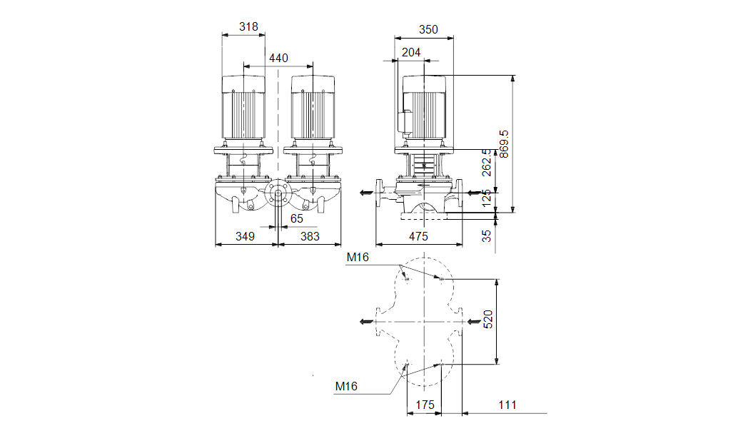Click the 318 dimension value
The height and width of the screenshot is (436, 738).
pos(248,27)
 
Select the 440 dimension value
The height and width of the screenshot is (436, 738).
pos(278,58)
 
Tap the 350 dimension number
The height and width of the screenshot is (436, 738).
pos(428,30)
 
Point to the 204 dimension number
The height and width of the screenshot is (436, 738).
pos(411,52)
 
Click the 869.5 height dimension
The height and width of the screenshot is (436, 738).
pos(504,144)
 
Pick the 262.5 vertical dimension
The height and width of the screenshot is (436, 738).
pos(487,163)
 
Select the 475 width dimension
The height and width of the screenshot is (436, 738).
pos(418,236)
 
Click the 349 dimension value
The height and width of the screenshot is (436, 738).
pos(246,236)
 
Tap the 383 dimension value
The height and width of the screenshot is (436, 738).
pos(310,236)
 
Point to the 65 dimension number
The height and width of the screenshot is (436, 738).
pos(296,218)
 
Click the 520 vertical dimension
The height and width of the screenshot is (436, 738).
pos(487,320)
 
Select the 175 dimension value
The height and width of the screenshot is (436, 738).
pos(425,405)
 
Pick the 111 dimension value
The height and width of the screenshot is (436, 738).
pos(507,405)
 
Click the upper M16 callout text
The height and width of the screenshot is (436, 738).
pos(358,258)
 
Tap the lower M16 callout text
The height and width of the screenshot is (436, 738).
pos(346,386)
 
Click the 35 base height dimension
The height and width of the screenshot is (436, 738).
pos(487,235)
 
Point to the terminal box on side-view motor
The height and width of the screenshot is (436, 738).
pos(404,121)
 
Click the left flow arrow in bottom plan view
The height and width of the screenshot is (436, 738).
pos(366,322)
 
